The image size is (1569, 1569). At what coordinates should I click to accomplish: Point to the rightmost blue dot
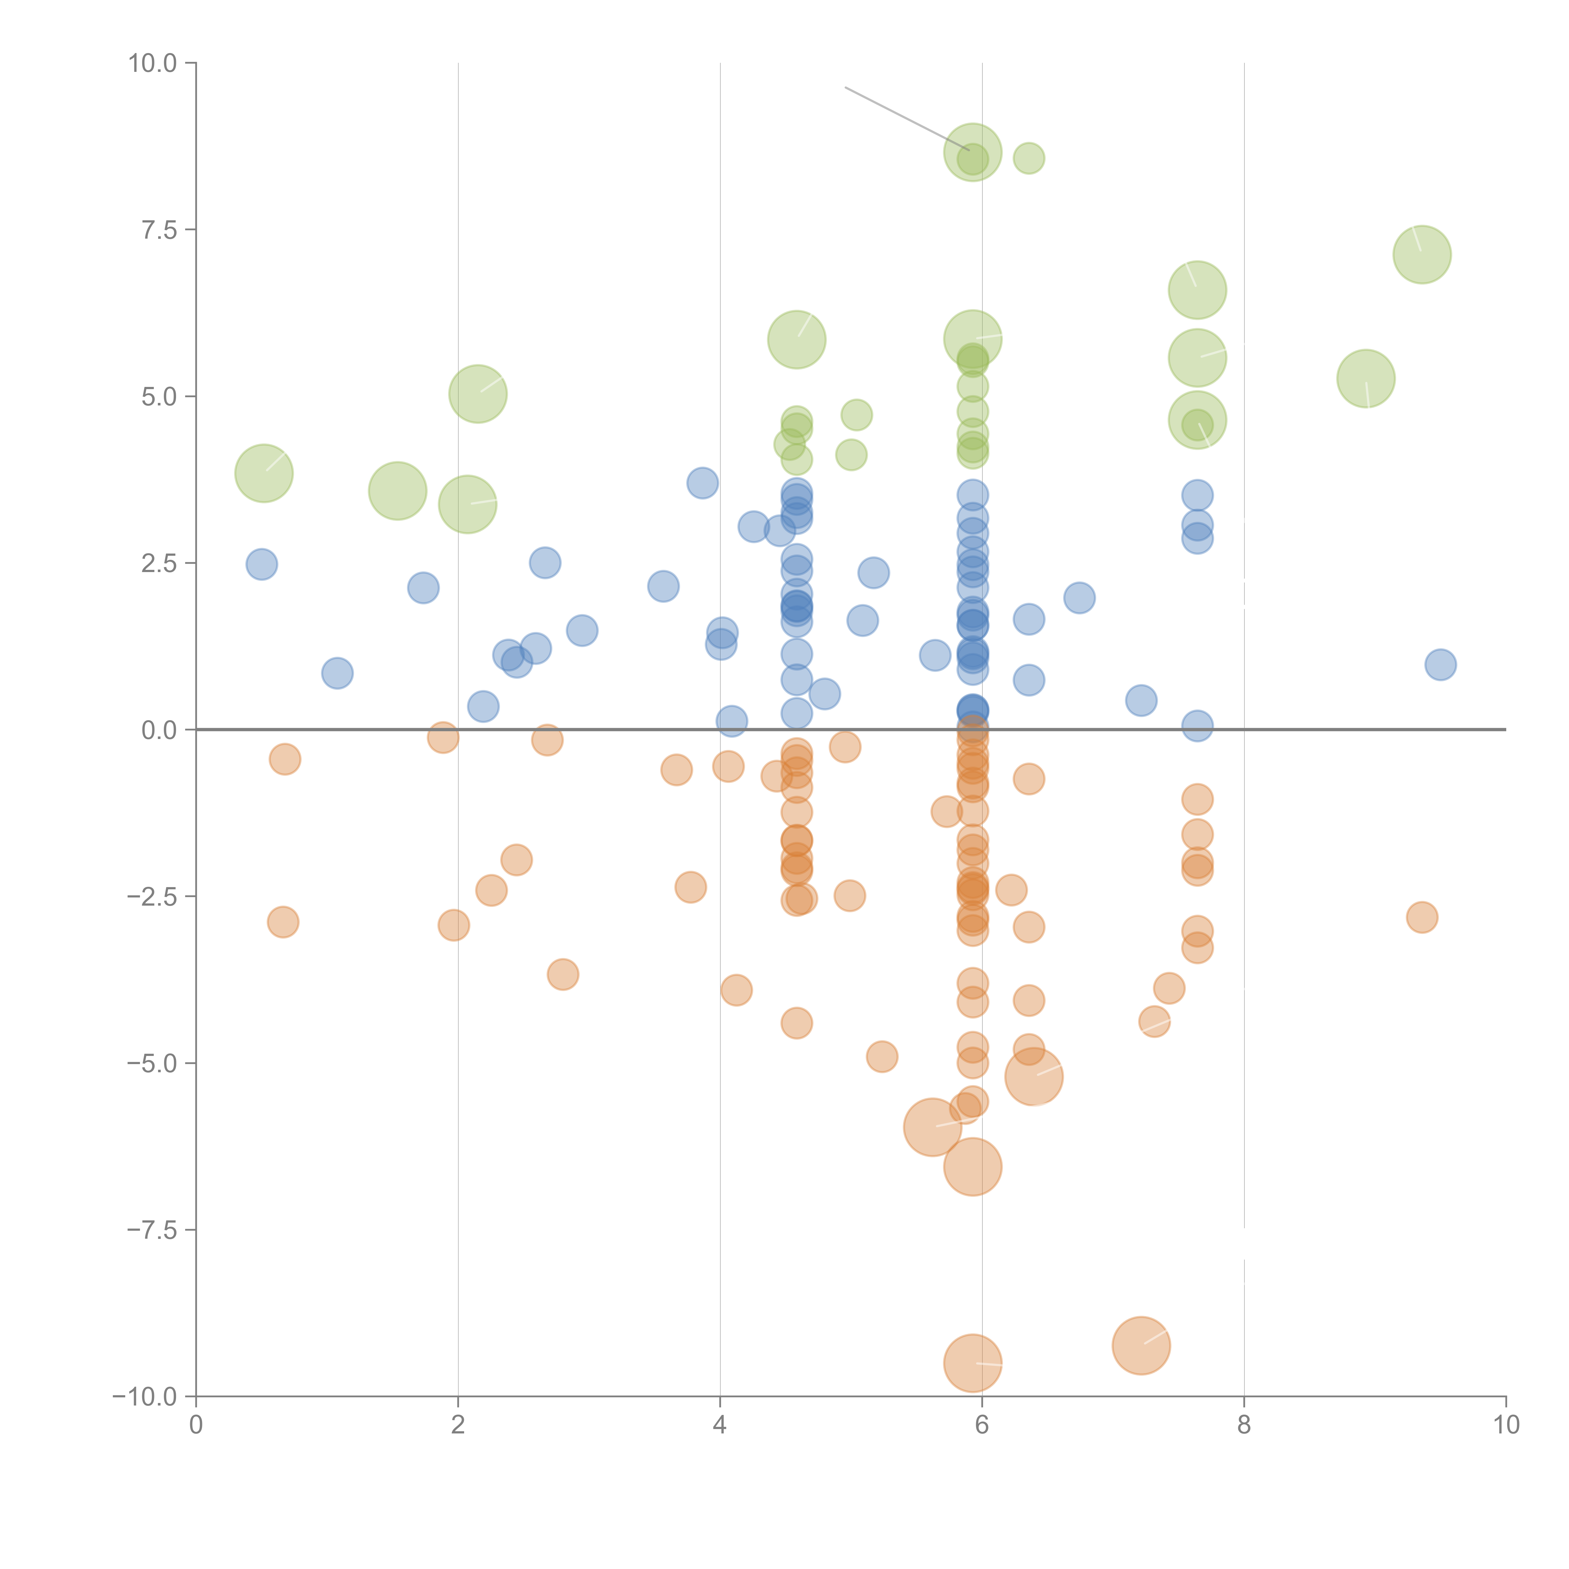pos(1440,664)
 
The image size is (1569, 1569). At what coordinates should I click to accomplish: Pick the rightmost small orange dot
pos(1421,918)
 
